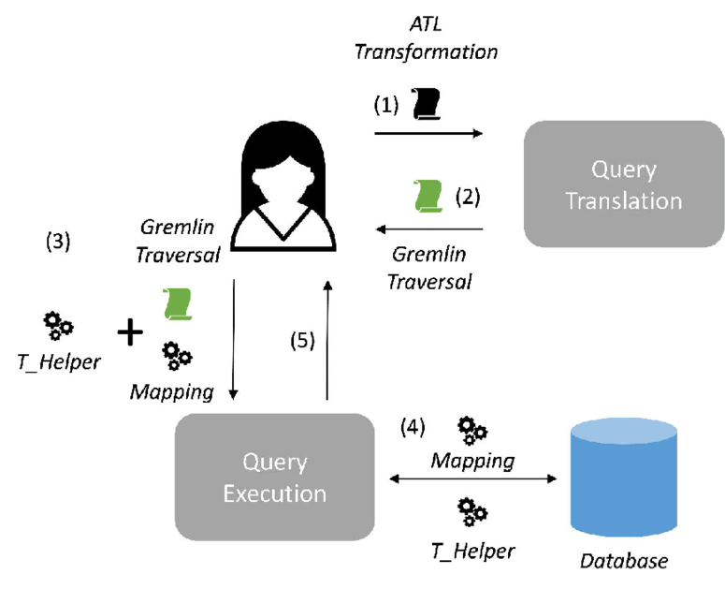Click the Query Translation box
point(623,184)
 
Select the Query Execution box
point(273,477)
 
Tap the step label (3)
point(58,243)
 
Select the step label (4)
point(413,428)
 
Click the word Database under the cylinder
point(625,562)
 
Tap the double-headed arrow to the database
point(472,479)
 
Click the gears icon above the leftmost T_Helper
point(59,325)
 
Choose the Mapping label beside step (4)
point(472,460)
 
